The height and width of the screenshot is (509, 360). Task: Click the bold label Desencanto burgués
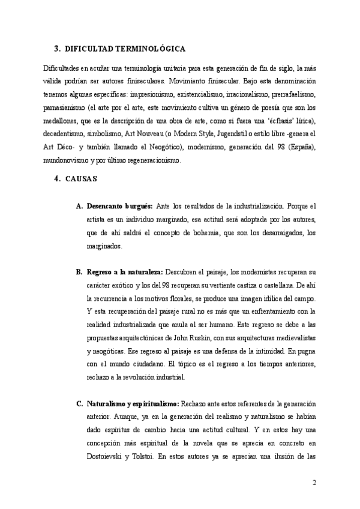click(x=119, y=206)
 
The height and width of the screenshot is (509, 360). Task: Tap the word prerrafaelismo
click(x=293, y=95)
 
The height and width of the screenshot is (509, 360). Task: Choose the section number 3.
click(x=56, y=49)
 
